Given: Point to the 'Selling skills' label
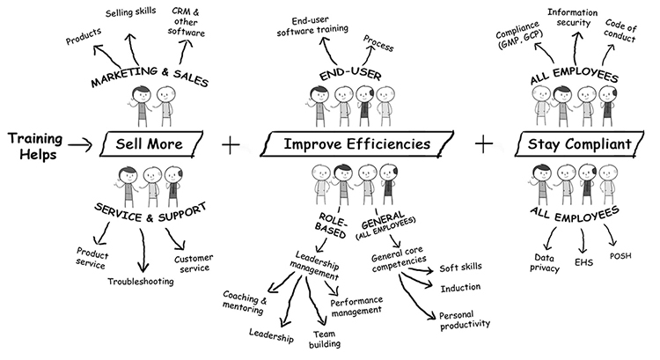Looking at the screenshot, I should point(132,14).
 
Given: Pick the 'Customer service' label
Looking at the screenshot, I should point(194,262).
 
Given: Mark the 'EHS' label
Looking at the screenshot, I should point(582,261).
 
